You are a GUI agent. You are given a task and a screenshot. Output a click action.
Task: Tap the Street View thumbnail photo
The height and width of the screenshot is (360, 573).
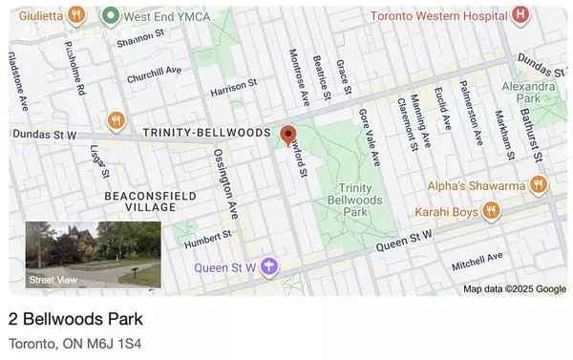click(93, 255)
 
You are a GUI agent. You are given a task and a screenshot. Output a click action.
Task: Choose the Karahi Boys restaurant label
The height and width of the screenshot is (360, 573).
click(446, 210)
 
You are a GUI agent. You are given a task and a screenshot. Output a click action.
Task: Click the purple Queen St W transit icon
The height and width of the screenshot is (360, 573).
click(271, 266)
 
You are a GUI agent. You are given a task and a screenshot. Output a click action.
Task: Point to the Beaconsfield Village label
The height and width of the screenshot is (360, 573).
click(139, 200)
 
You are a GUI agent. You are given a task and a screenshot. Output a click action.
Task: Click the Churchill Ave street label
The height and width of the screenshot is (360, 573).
click(154, 74)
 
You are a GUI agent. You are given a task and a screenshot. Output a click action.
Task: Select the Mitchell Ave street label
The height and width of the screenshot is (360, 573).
click(476, 259)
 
